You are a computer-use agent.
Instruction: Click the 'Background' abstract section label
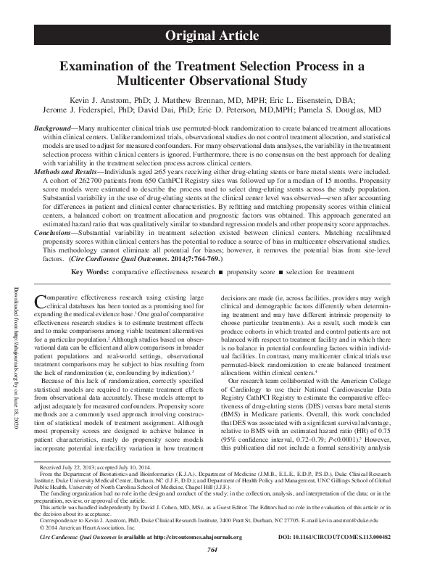tap(55, 127)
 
